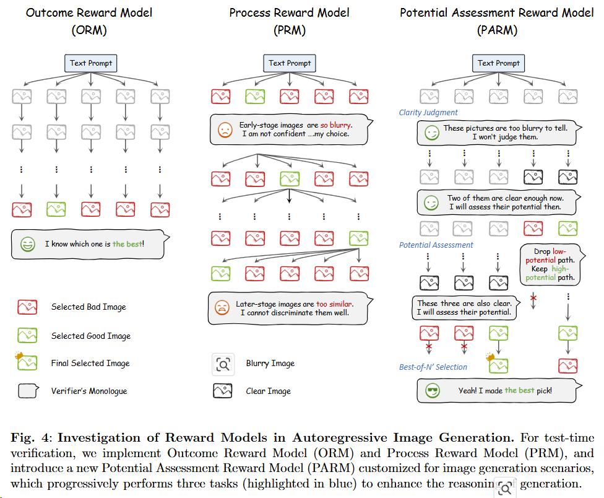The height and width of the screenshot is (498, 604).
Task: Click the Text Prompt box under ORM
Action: (x=91, y=63)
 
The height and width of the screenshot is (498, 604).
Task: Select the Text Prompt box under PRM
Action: (x=290, y=63)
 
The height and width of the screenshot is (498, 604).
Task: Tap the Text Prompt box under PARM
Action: (x=498, y=63)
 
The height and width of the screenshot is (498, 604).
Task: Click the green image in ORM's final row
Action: (x=56, y=208)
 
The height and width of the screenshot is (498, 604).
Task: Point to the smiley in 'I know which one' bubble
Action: (x=28, y=244)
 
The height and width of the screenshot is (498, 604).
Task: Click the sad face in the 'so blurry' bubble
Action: (x=224, y=130)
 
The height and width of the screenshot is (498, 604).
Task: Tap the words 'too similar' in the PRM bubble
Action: (x=334, y=304)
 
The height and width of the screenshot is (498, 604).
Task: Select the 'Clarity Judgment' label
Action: (x=428, y=113)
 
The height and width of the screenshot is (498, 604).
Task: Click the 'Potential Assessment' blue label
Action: (x=436, y=245)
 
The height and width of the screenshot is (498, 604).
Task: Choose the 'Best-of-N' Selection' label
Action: (x=433, y=367)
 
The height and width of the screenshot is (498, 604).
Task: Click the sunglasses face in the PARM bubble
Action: (x=432, y=391)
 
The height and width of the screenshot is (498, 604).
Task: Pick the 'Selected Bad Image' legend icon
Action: (x=27, y=307)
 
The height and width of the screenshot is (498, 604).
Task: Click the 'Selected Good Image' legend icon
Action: (x=27, y=336)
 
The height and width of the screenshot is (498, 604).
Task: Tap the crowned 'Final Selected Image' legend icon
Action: (x=27, y=363)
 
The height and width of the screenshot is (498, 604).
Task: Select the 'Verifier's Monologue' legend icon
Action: (x=27, y=390)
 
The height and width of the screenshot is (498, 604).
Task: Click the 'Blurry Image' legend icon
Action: (x=222, y=364)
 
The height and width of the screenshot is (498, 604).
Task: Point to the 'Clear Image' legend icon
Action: (x=222, y=391)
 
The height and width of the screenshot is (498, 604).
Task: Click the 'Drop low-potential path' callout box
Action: (x=550, y=264)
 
